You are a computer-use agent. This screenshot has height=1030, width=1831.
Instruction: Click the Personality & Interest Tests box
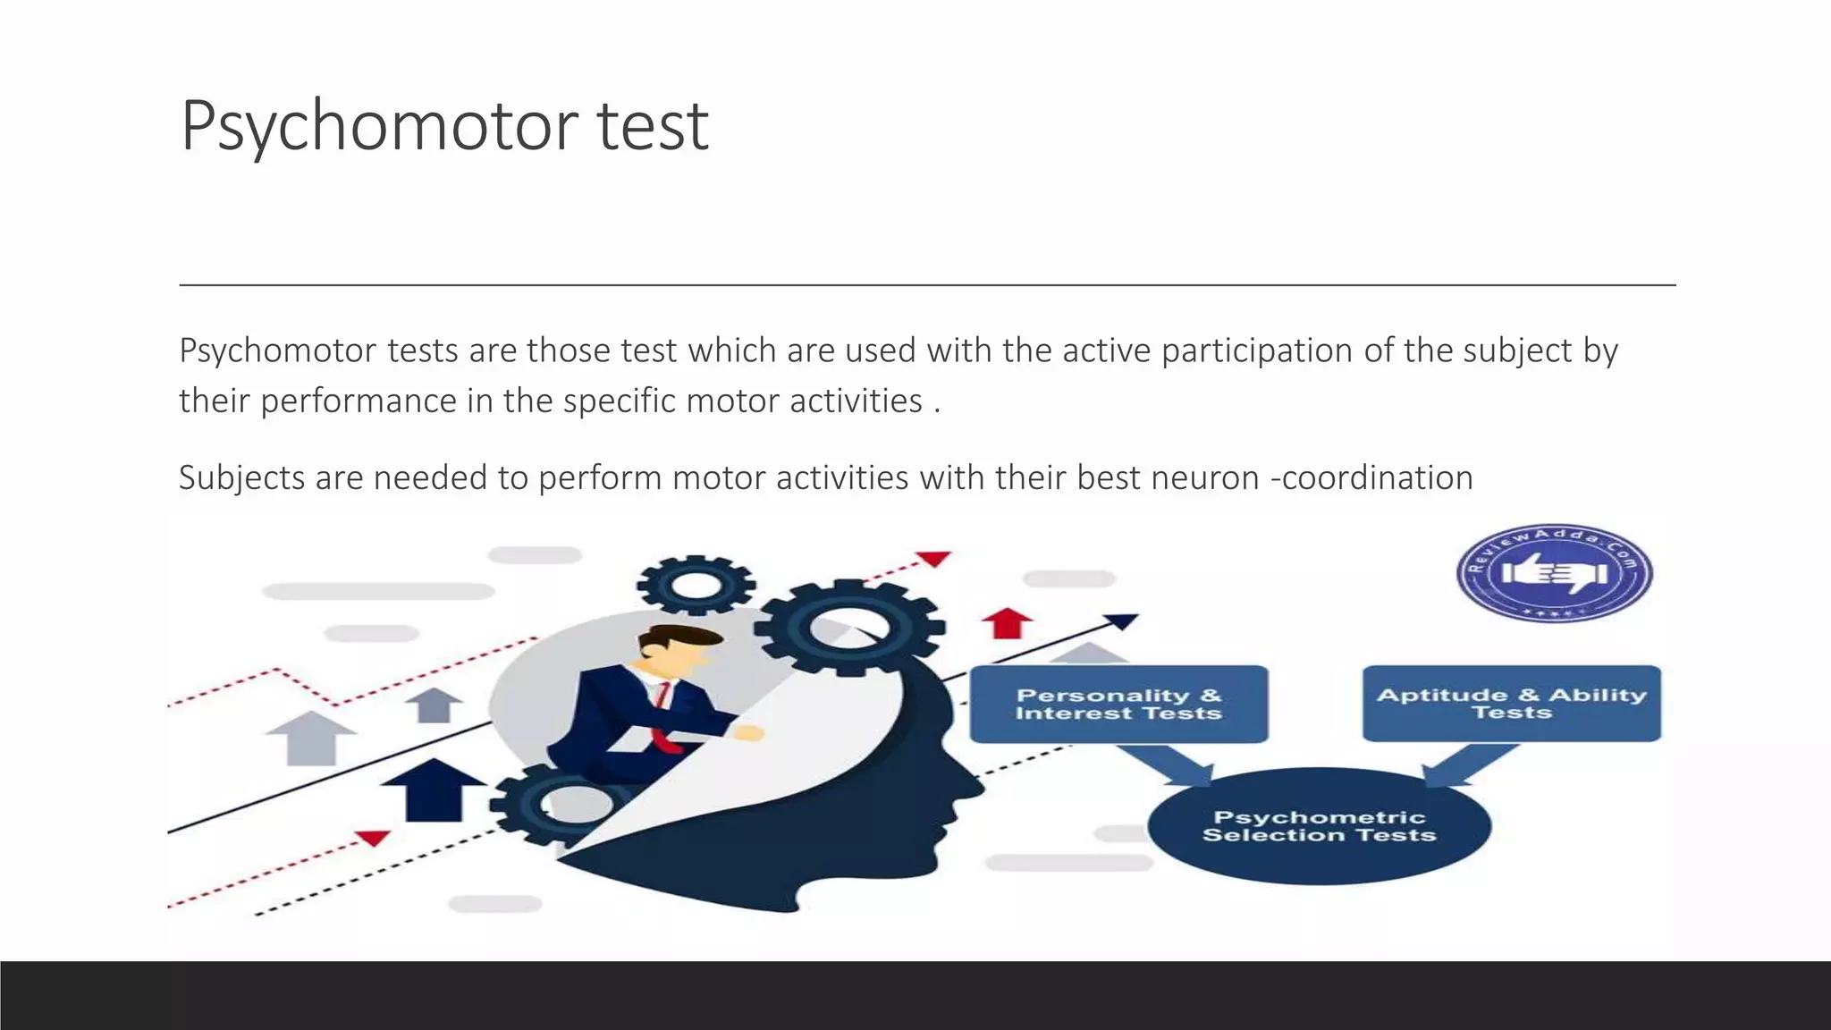point(1118,704)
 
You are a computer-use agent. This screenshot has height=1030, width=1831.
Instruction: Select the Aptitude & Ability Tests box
point(1511,703)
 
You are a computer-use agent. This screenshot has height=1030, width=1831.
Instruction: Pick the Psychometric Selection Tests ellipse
point(1319,825)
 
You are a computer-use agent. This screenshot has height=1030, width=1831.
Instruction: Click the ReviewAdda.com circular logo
point(1554,573)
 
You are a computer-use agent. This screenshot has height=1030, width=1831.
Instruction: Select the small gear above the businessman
point(695,586)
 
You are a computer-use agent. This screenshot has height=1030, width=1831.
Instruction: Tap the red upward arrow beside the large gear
point(1008,622)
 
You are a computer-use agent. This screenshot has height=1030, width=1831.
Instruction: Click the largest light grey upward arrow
point(310,738)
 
